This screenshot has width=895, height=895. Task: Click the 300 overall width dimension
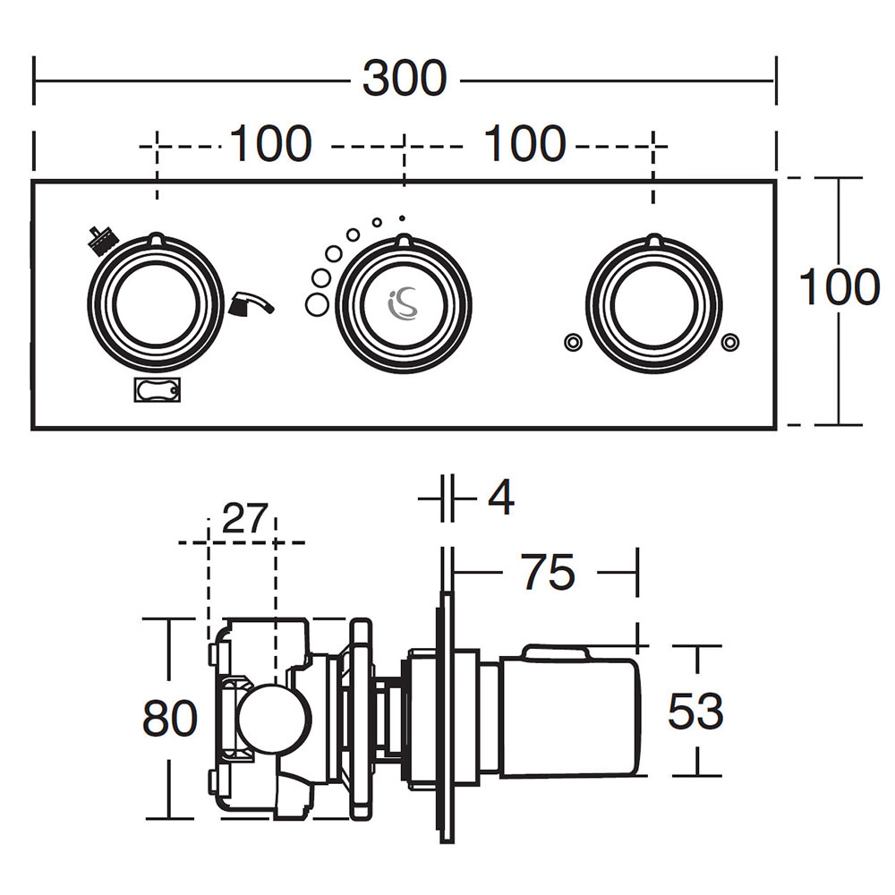pyautogui.click(x=404, y=79)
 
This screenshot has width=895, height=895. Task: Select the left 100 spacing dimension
pyautogui.click(x=271, y=144)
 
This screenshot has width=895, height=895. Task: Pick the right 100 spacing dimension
pyautogui.click(x=524, y=144)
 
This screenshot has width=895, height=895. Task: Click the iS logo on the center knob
pyautogui.click(x=404, y=304)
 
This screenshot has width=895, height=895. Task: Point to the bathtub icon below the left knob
pyautogui.click(x=158, y=391)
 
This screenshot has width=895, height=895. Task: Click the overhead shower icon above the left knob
pyautogui.click(x=100, y=237)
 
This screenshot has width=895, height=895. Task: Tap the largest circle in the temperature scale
pyautogui.click(x=316, y=304)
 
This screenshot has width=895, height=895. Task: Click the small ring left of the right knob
pyautogui.click(x=571, y=341)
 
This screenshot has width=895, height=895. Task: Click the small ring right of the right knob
pyautogui.click(x=730, y=341)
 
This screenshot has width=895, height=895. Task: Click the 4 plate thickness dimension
pyautogui.click(x=500, y=498)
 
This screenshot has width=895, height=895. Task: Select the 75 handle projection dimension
pyautogui.click(x=548, y=573)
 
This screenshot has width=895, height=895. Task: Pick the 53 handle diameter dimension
pyautogui.click(x=695, y=712)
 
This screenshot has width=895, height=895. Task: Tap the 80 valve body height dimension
pyautogui.click(x=169, y=718)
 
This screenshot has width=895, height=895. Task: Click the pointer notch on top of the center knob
pyautogui.click(x=404, y=239)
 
